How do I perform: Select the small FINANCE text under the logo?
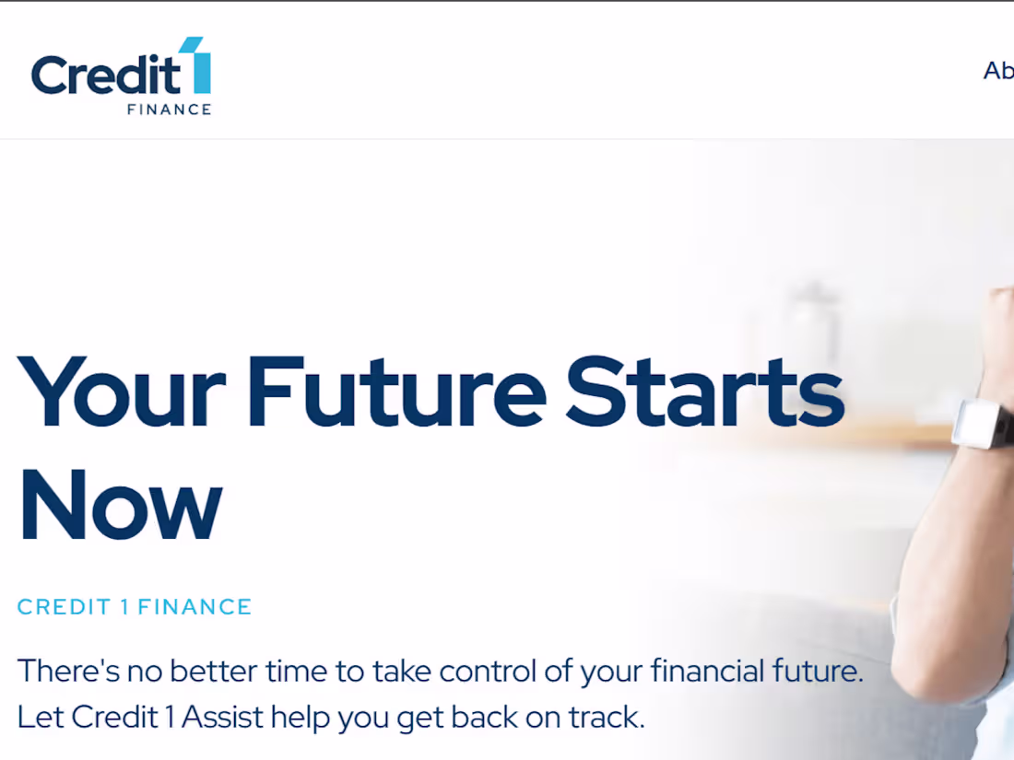[169, 110]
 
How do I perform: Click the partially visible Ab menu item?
[998, 71]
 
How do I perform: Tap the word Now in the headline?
[121, 504]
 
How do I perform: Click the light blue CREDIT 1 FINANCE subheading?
[135, 607]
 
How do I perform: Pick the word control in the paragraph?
[485, 671]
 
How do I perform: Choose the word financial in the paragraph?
[707, 671]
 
